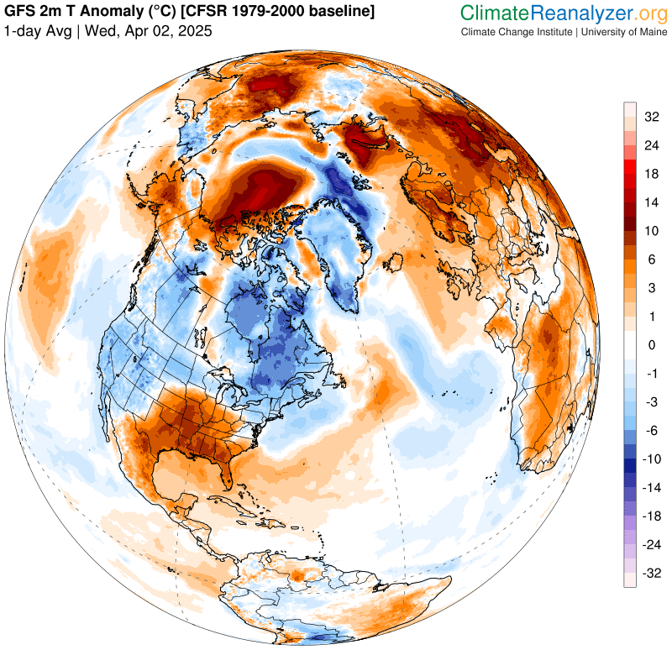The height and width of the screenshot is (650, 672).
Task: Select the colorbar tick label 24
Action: click(652, 144)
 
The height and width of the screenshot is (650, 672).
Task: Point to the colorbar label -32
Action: click(652, 574)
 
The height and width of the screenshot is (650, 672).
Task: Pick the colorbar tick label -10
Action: click(652, 460)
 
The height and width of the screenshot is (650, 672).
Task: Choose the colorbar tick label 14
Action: click(652, 202)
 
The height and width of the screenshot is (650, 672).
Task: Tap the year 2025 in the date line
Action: click(195, 31)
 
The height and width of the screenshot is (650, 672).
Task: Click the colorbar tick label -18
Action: click(652, 516)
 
